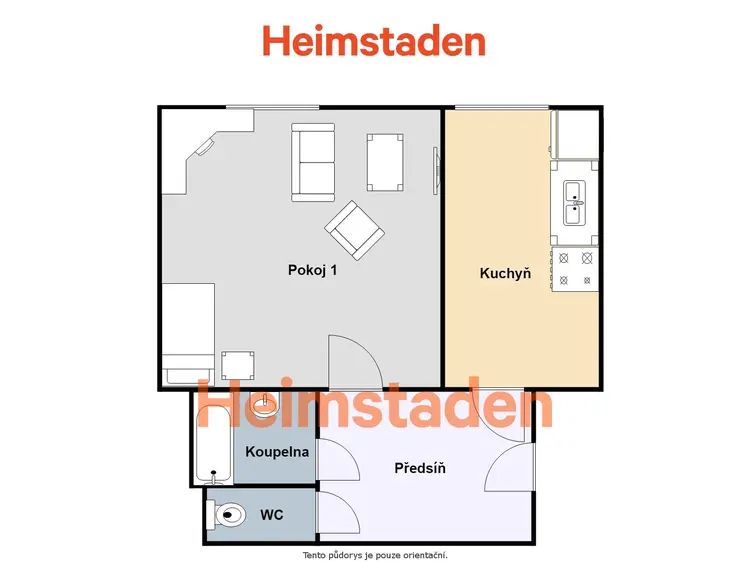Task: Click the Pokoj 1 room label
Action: click(x=312, y=270)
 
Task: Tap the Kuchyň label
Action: click(x=505, y=274)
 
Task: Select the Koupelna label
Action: click(x=277, y=452)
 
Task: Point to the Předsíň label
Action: click(x=420, y=468)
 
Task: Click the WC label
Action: click(x=272, y=515)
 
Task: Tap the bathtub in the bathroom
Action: click(x=214, y=444)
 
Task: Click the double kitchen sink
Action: click(x=574, y=203)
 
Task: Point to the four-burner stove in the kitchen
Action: click(x=575, y=269)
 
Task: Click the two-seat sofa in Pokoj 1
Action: click(x=313, y=162)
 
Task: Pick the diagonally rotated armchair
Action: click(x=354, y=230)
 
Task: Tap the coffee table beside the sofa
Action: click(x=385, y=163)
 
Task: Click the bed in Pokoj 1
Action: click(x=188, y=334)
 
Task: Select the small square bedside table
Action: click(x=238, y=366)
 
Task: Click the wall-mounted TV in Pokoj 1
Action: click(x=436, y=171)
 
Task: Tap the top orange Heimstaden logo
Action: click(x=375, y=41)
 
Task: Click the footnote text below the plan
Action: click(x=375, y=555)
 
